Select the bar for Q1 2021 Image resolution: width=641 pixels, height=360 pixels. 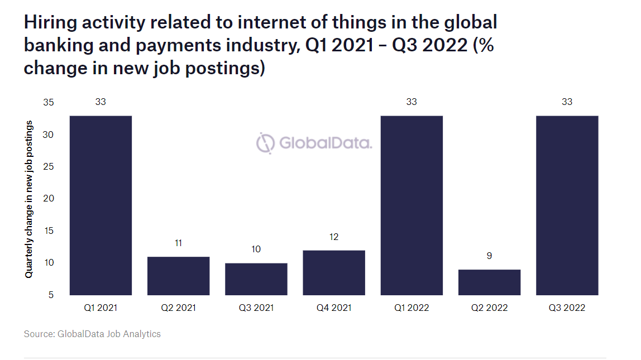click(101, 205)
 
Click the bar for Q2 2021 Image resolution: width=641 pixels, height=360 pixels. click(178, 276)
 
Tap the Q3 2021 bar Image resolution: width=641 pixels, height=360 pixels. click(256, 279)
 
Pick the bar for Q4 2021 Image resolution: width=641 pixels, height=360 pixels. click(334, 272)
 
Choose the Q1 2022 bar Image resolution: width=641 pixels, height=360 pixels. click(412, 205)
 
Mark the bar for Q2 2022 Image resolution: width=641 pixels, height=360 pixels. click(489, 282)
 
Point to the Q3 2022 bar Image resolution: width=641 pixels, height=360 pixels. click(567, 205)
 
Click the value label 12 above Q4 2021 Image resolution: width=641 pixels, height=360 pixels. click(334, 237)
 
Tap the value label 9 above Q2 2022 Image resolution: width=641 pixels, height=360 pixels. click(489, 256)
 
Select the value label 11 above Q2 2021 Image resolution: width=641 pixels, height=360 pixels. click(178, 243)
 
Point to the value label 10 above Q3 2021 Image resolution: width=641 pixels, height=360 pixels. click(256, 249)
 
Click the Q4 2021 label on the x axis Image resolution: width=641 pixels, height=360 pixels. click(334, 308)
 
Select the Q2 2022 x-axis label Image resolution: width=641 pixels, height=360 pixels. click(489, 308)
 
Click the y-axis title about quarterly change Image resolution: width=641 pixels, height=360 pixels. click(28, 199)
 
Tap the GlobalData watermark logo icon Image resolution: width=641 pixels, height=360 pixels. click(266, 143)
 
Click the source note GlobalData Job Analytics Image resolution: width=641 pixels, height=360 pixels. click(92, 334)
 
